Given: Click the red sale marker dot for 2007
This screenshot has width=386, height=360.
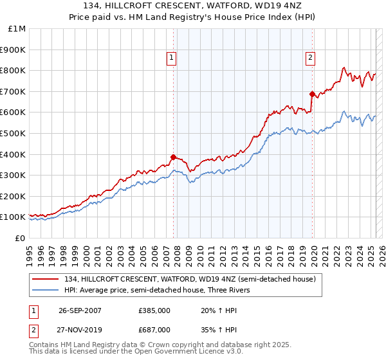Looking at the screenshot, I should pos(173,157).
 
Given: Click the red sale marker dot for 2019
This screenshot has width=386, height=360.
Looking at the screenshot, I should pos(312,94).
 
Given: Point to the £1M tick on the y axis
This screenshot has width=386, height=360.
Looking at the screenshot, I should pos(17,29).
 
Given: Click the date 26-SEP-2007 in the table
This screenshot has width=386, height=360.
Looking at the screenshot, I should pos(79,310).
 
